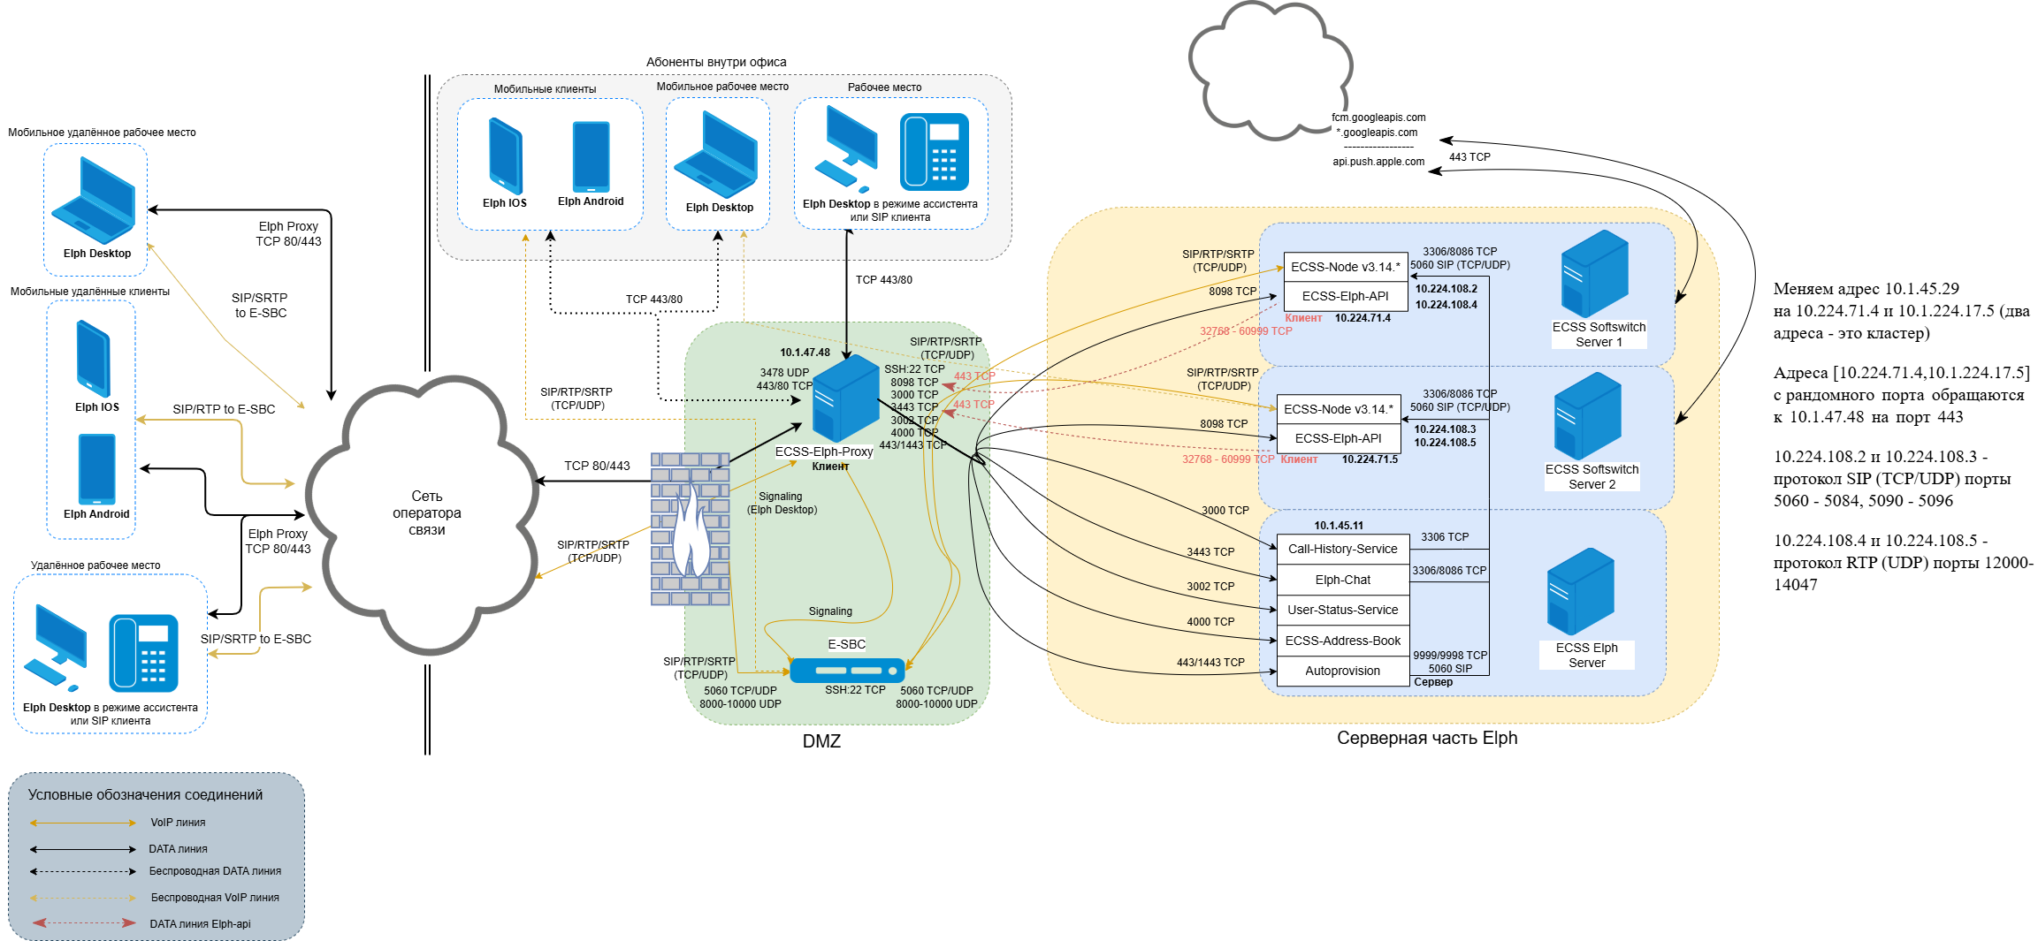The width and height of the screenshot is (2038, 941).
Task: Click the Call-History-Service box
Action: click(1342, 549)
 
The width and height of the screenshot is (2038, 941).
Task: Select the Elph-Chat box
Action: click(1342, 580)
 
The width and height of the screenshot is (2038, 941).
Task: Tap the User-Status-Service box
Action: click(1342, 610)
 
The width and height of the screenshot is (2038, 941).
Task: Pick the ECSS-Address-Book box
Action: click(1342, 641)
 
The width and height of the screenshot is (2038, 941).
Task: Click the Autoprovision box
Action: click(1342, 671)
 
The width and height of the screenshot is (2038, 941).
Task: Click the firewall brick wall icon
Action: click(690, 528)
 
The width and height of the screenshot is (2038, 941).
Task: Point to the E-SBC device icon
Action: click(846, 671)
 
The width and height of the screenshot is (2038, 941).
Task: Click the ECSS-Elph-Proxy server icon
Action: click(844, 398)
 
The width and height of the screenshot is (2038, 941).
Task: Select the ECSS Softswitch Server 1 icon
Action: click(1594, 274)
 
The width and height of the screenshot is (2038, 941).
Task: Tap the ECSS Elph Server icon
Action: click(1580, 591)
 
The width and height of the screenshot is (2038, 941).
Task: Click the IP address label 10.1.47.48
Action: click(805, 353)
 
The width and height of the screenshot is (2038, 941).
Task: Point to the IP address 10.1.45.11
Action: click(1338, 526)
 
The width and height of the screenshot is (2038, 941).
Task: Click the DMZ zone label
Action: click(821, 741)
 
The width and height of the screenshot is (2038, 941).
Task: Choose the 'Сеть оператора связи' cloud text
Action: click(426, 512)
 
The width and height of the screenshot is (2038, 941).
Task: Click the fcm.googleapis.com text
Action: click(1378, 118)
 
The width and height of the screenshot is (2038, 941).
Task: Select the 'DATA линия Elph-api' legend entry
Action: click(200, 924)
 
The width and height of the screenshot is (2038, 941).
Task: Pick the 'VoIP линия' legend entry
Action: click(178, 823)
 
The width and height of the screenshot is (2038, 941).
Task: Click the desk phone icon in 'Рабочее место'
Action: click(934, 152)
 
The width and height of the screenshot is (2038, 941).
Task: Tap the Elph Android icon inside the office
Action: click(591, 157)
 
